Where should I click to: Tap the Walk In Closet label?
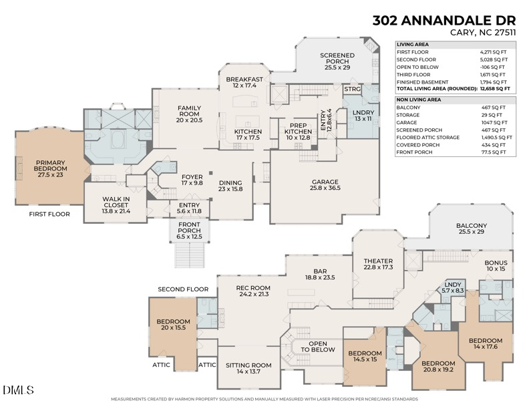click(x=115, y=203)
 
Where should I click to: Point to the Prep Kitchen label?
click(x=299, y=128)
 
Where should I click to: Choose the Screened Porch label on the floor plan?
click(x=337, y=60)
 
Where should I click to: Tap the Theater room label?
click(x=378, y=264)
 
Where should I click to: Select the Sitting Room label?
click(x=248, y=368)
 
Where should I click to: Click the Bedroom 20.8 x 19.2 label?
click(x=437, y=367)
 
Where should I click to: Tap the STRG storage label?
click(x=352, y=88)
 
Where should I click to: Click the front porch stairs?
click(x=188, y=255)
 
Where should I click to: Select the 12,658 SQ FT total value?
click(x=495, y=88)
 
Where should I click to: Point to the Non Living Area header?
click(x=419, y=99)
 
